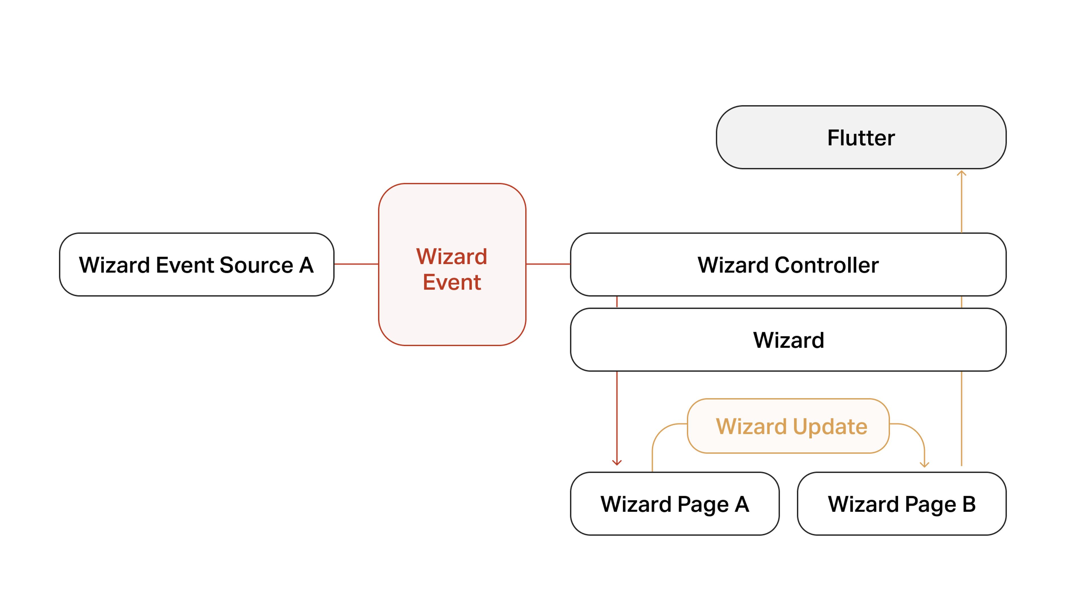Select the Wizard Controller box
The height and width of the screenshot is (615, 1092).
coord(788,265)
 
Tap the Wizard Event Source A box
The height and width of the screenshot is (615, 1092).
coord(196,265)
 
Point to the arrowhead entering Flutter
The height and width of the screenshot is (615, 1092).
coord(961,173)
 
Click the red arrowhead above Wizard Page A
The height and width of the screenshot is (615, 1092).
coord(617,463)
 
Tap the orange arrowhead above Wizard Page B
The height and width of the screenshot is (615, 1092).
coord(925,464)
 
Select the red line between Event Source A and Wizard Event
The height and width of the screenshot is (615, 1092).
coord(356,264)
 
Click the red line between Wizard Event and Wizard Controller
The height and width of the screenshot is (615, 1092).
coord(548,264)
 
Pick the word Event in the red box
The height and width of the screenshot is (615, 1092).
coord(452,282)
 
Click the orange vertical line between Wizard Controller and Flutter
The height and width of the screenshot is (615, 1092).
coord(961,204)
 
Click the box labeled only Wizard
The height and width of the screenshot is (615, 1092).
coord(788,340)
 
